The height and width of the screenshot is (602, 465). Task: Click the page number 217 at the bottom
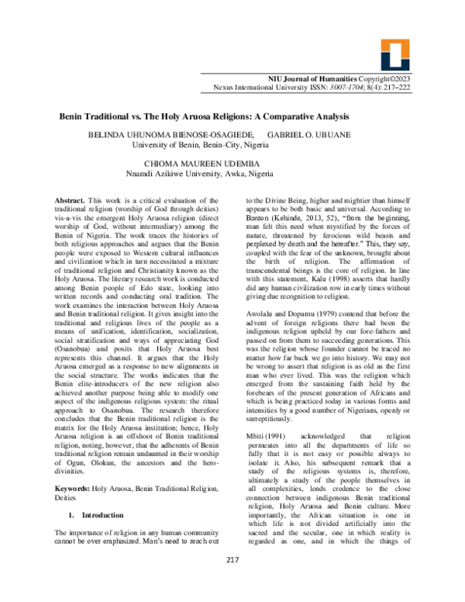232,582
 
